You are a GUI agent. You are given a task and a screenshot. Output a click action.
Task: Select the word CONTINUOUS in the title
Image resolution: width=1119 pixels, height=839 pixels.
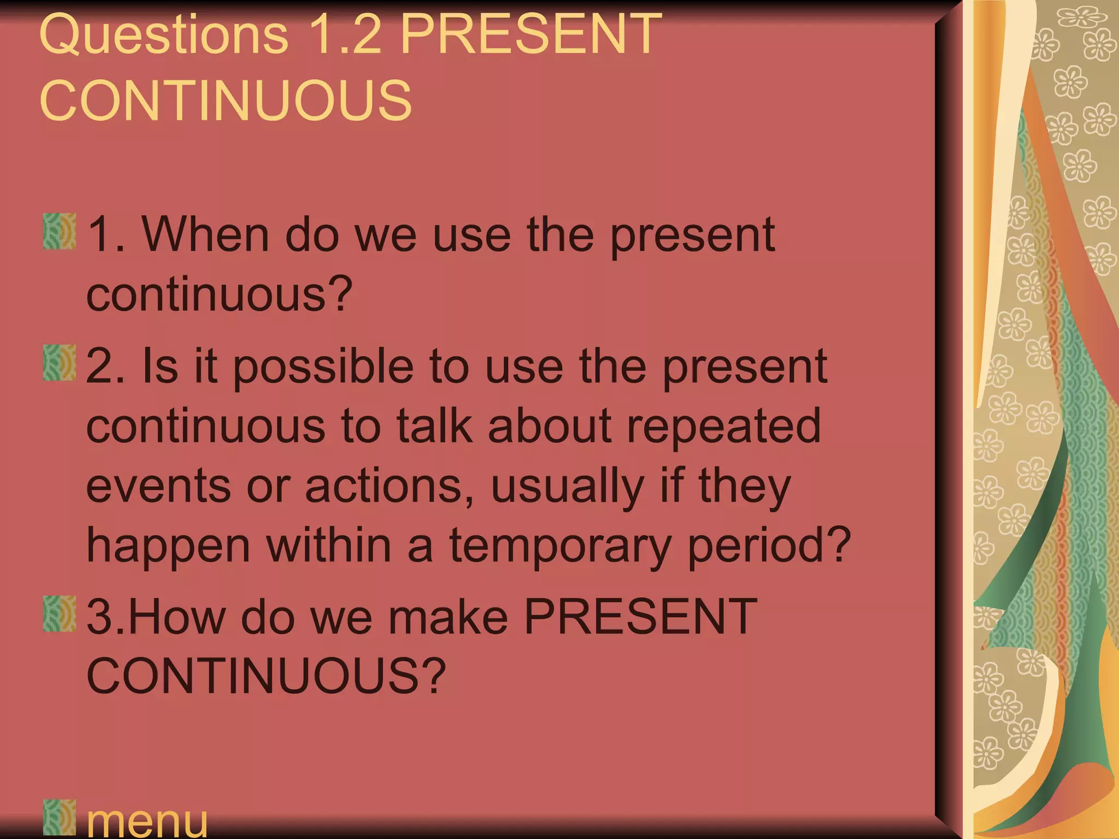coord(226,101)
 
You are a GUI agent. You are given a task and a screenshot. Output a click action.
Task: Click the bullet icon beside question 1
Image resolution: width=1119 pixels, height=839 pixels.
coord(60,232)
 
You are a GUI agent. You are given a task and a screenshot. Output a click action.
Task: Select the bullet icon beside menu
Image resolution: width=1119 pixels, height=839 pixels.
coord(60,817)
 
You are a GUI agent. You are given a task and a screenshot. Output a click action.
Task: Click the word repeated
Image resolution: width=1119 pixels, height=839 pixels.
coord(723,426)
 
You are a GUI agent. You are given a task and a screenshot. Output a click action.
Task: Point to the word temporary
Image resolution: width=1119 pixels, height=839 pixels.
coord(561,546)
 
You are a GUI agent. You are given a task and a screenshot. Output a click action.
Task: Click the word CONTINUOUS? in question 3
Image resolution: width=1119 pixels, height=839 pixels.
coord(266,676)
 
